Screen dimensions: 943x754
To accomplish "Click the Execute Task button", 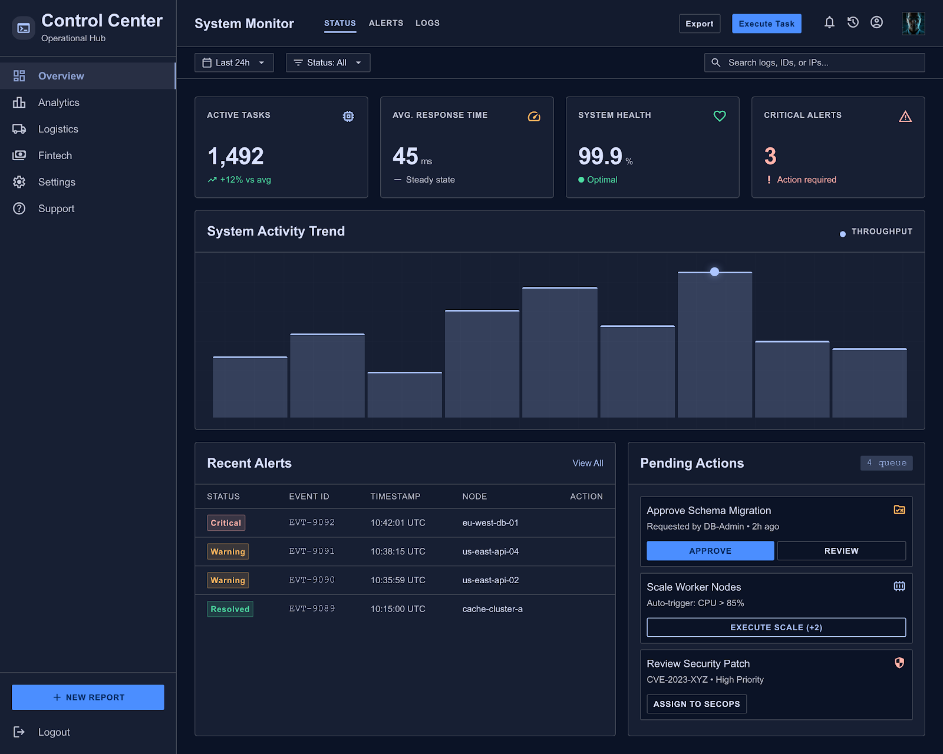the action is pyautogui.click(x=766, y=24).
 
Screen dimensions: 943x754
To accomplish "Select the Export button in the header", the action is pyautogui.click(x=700, y=24).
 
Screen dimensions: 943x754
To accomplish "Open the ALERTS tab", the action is pyautogui.click(x=385, y=23).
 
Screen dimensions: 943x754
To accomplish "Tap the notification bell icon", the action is pyautogui.click(x=829, y=22).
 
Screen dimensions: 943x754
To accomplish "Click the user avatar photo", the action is pyautogui.click(x=913, y=23).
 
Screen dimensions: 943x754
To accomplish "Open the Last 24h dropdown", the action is pyautogui.click(x=234, y=62).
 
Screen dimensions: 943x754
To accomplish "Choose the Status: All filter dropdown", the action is pyautogui.click(x=328, y=62).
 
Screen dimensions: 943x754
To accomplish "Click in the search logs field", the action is pyautogui.click(x=815, y=62).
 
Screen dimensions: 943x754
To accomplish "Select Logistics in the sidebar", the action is pyautogui.click(x=58, y=129).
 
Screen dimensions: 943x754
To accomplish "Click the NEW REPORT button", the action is pyautogui.click(x=88, y=697).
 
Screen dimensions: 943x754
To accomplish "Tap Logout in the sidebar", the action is pyautogui.click(x=54, y=732).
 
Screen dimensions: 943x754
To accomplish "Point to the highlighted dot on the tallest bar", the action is pyautogui.click(x=715, y=272).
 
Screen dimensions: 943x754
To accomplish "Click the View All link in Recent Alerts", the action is pyautogui.click(x=588, y=463).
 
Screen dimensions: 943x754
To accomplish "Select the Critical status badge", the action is pyautogui.click(x=226, y=522).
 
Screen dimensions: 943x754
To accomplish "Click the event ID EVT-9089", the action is pyautogui.click(x=312, y=609).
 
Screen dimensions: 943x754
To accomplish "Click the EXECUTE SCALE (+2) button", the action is pyautogui.click(x=776, y=627).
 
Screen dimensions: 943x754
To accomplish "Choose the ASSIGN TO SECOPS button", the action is pyautogui.click(x=697, y=703).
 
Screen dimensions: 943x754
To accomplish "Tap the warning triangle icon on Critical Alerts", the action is pyautogui.click(x=905, y=116).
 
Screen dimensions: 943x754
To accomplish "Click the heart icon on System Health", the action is pyautogui.click(x=720, y=116).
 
